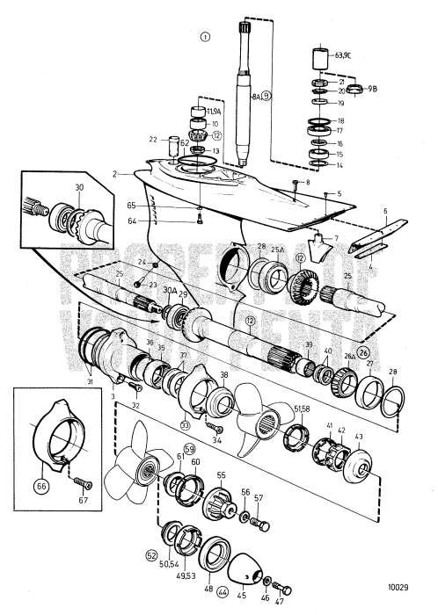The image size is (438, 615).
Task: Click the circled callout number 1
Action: coord(206,37)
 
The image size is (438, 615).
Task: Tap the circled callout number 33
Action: coord(185,424)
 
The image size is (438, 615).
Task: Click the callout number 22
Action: coord(153,139)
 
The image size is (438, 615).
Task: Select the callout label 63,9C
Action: coord(343,55)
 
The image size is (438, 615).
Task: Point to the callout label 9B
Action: coord(373,88)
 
